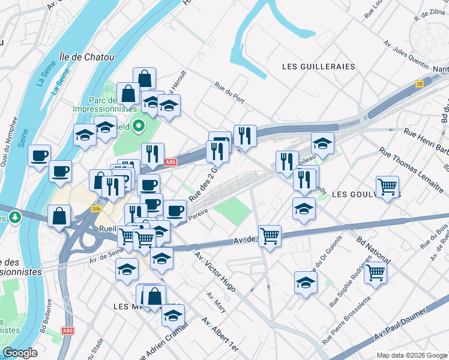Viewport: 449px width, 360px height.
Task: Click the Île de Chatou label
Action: pyautogui.click(x=87, y=58)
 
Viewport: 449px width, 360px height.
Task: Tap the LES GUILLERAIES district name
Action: pyautogui.click(x=318, y=67)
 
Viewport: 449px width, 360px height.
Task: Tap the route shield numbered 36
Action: pyautogui.click(x=419, y=85)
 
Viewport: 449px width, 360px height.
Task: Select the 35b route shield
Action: pyautogui.click(x=96, y=209)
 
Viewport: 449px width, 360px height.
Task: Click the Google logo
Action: pyautogui.click(x=20, y=353)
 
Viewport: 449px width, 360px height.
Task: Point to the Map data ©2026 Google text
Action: pyautogui.click(x=411, y=355)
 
